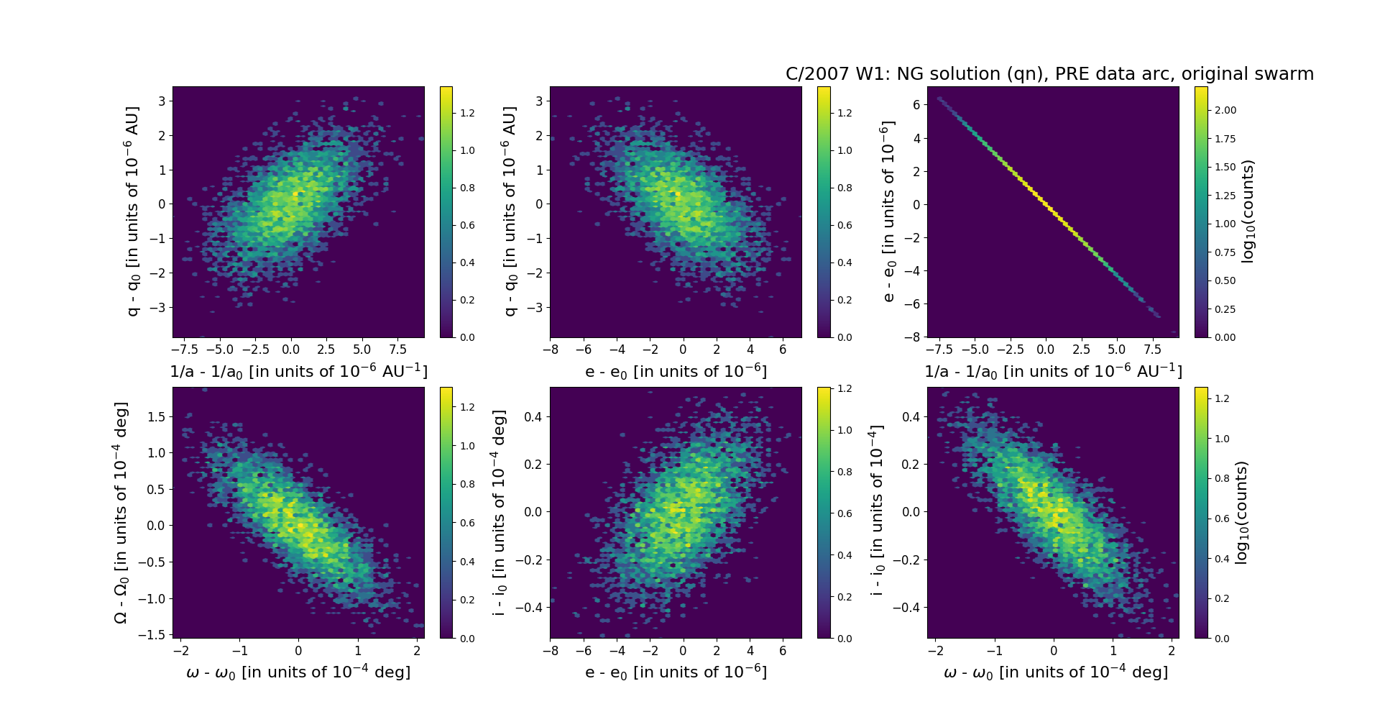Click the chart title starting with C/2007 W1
(x=1049, y=74)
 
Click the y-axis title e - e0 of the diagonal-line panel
(x=888, y=211)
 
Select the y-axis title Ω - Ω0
(x=121, y=512)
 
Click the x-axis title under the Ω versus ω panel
(x=298, y=672)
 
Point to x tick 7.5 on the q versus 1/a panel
(x=397, y=350)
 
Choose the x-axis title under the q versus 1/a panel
(x=298, y=372)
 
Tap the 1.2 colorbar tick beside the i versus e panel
(x=845, y=389)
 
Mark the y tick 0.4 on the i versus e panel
(x=533, y=417)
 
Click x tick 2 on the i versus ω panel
(x=1172, y=650)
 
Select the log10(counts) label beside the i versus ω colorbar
(x=1241, y=512)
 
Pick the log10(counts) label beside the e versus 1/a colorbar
(x=1248, y=211)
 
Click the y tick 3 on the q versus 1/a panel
(x=162, y=101)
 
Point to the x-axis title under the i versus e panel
(x=676, y=672)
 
